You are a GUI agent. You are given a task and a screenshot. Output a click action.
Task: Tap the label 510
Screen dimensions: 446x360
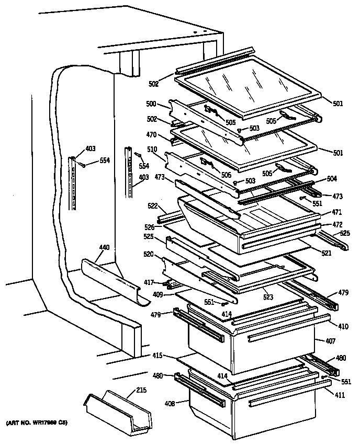coord(152,149)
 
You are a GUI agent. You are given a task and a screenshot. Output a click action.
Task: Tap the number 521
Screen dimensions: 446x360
coord(327,253)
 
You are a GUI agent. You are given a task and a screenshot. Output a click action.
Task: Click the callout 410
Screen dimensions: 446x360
coord(343,327)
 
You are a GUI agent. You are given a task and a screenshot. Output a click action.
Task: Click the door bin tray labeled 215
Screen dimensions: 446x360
coord(118,410)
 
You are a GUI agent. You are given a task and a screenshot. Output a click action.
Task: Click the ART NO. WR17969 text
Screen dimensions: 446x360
coord(38,422)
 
